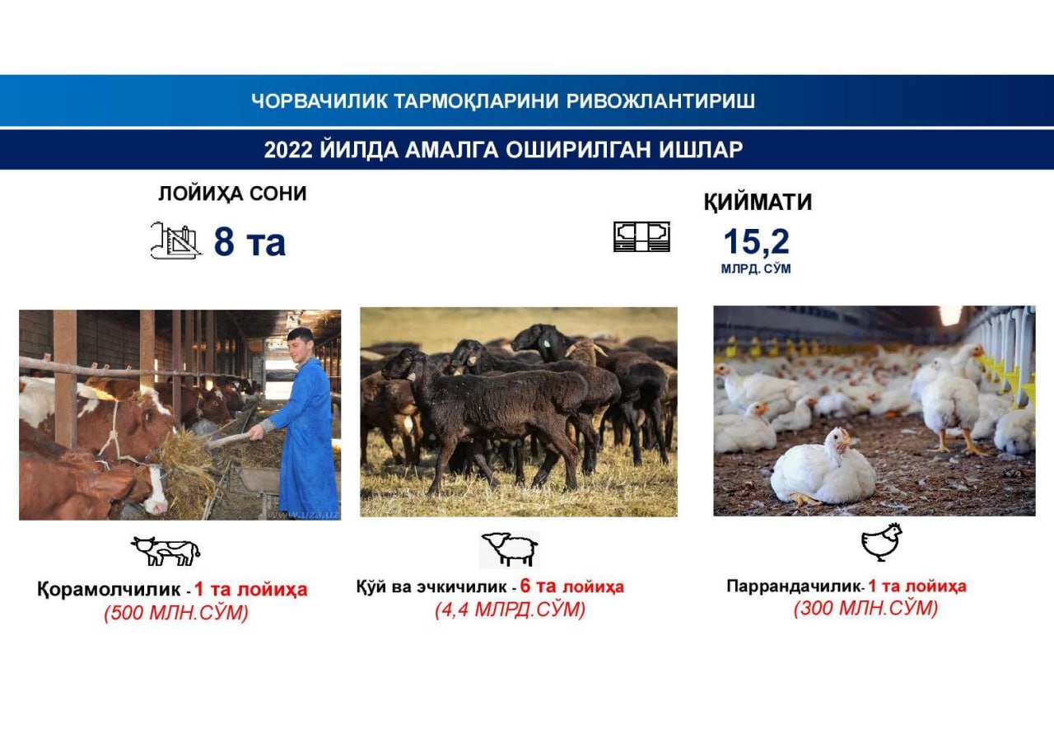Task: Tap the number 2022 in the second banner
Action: tap(288, 150)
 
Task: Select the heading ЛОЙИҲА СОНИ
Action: tap(232, 194)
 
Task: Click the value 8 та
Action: tap(250, 242)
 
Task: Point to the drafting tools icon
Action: tap(175, 240)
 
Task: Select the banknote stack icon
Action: tap(641, 236)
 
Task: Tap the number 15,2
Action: tap(756, 242)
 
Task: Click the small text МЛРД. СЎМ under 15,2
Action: tap(756, 268)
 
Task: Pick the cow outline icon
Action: tap(166, 550)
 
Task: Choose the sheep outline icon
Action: tap(510, 549)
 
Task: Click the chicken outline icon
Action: tap(881, 542)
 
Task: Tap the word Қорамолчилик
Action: tap(109, 590)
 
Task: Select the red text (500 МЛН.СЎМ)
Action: tap(176, 613)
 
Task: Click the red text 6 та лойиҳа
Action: tap(572, 586)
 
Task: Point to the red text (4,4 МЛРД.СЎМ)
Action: tap(510, 609)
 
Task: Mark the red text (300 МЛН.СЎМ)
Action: tap(865, 609)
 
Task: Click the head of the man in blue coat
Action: tap(301, 345)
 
